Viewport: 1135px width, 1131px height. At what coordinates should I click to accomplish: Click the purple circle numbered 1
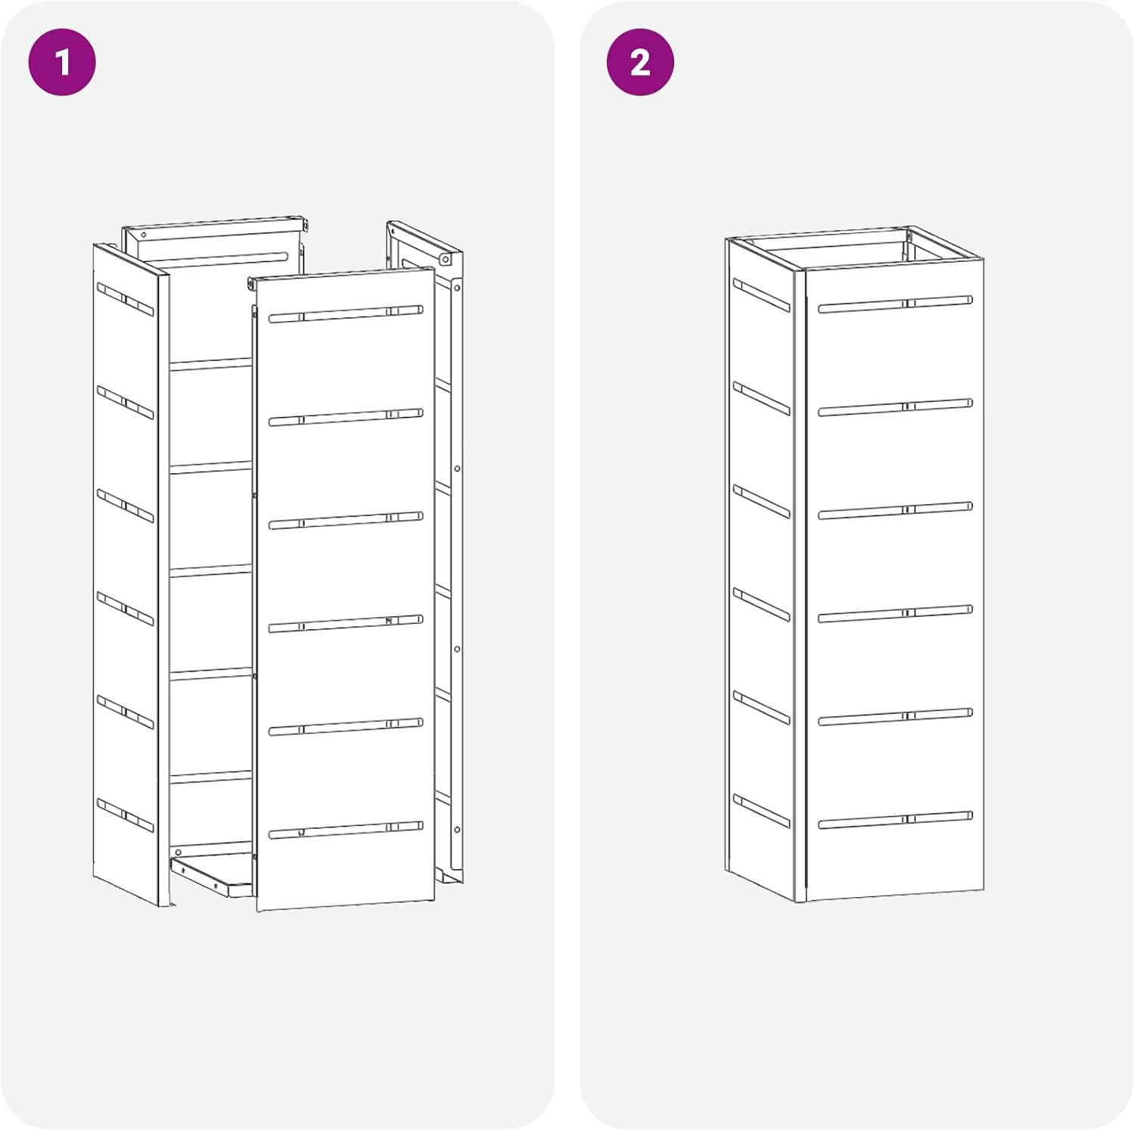coord(62,62)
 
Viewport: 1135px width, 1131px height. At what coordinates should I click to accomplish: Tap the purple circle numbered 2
coord(640,62)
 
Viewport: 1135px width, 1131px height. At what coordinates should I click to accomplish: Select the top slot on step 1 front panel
coord(346,313)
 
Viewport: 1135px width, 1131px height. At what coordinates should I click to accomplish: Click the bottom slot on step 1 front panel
coord(346,830)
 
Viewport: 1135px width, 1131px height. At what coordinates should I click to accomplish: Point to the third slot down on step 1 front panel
coord(346,520)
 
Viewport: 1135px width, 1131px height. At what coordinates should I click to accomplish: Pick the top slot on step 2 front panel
coord(895,304)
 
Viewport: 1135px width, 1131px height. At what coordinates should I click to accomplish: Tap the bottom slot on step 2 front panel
coord(895,820)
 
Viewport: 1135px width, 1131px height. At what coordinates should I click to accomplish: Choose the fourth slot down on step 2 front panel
coord(895,614)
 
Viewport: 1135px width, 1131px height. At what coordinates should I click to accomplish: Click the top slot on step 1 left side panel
coord(125,299)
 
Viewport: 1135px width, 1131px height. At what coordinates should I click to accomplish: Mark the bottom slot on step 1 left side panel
coord(125,815)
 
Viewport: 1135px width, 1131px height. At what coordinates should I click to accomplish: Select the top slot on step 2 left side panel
coord(761,295)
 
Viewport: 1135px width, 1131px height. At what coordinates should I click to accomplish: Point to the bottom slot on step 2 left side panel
coord(761,811)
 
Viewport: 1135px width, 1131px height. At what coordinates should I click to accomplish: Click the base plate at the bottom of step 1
coord(212,876)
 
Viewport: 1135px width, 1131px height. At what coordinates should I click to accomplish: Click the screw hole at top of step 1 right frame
coord(446,260)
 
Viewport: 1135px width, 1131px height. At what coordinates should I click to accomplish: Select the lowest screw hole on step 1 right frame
coord(457,830)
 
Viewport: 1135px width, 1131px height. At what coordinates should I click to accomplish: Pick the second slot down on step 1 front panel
coord(346,417)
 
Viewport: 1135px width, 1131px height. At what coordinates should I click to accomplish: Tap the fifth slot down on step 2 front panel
coord(895,717)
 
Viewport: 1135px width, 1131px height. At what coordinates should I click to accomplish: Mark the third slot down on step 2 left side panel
coord(761,502)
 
